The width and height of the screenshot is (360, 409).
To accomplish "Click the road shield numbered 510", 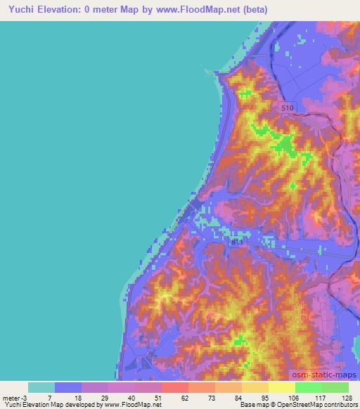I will [x=285, y=108].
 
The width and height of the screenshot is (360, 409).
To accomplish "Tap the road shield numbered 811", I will [x=239, y=241].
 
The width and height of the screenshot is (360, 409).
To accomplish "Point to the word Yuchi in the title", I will [x=22, y=8].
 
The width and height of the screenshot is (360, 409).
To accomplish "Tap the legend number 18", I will [x=82, y=398].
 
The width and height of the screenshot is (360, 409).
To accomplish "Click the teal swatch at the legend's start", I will [x=41, y=387].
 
